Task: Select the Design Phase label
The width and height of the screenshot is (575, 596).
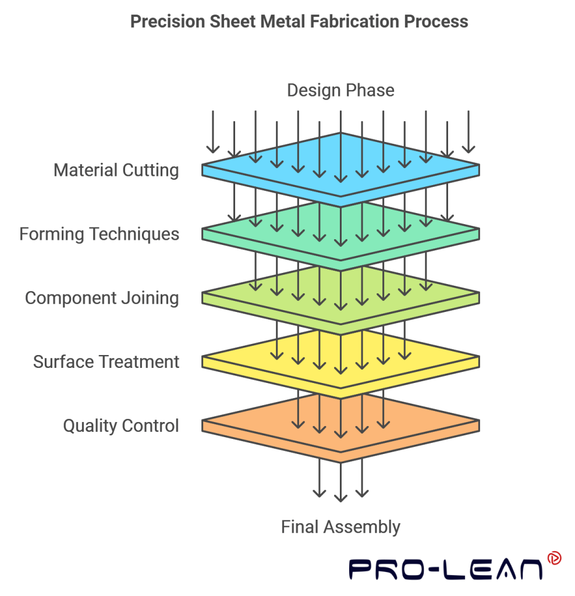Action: point(340,90)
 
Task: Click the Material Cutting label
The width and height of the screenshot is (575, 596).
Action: point(116,171)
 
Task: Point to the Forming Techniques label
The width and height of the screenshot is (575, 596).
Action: point(99,234)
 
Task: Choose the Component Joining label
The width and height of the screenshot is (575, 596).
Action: point(102,298)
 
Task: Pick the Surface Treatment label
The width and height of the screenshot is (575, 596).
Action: point(106,362)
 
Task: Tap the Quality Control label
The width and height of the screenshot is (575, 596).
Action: point(120,426)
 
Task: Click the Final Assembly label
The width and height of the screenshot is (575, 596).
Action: point(340,527)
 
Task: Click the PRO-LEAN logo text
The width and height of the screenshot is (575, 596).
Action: point(445,569)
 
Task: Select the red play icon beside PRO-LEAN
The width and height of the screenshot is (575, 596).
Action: point(553,558)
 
